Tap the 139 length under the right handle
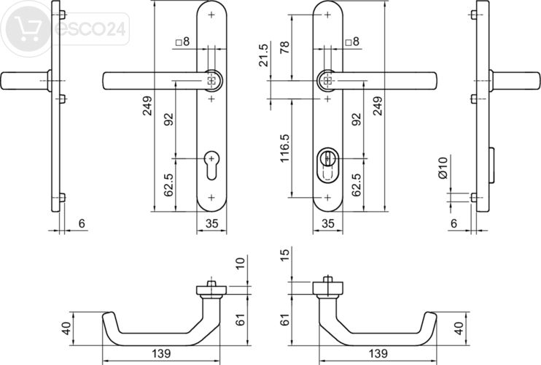[x=377, y=353]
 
